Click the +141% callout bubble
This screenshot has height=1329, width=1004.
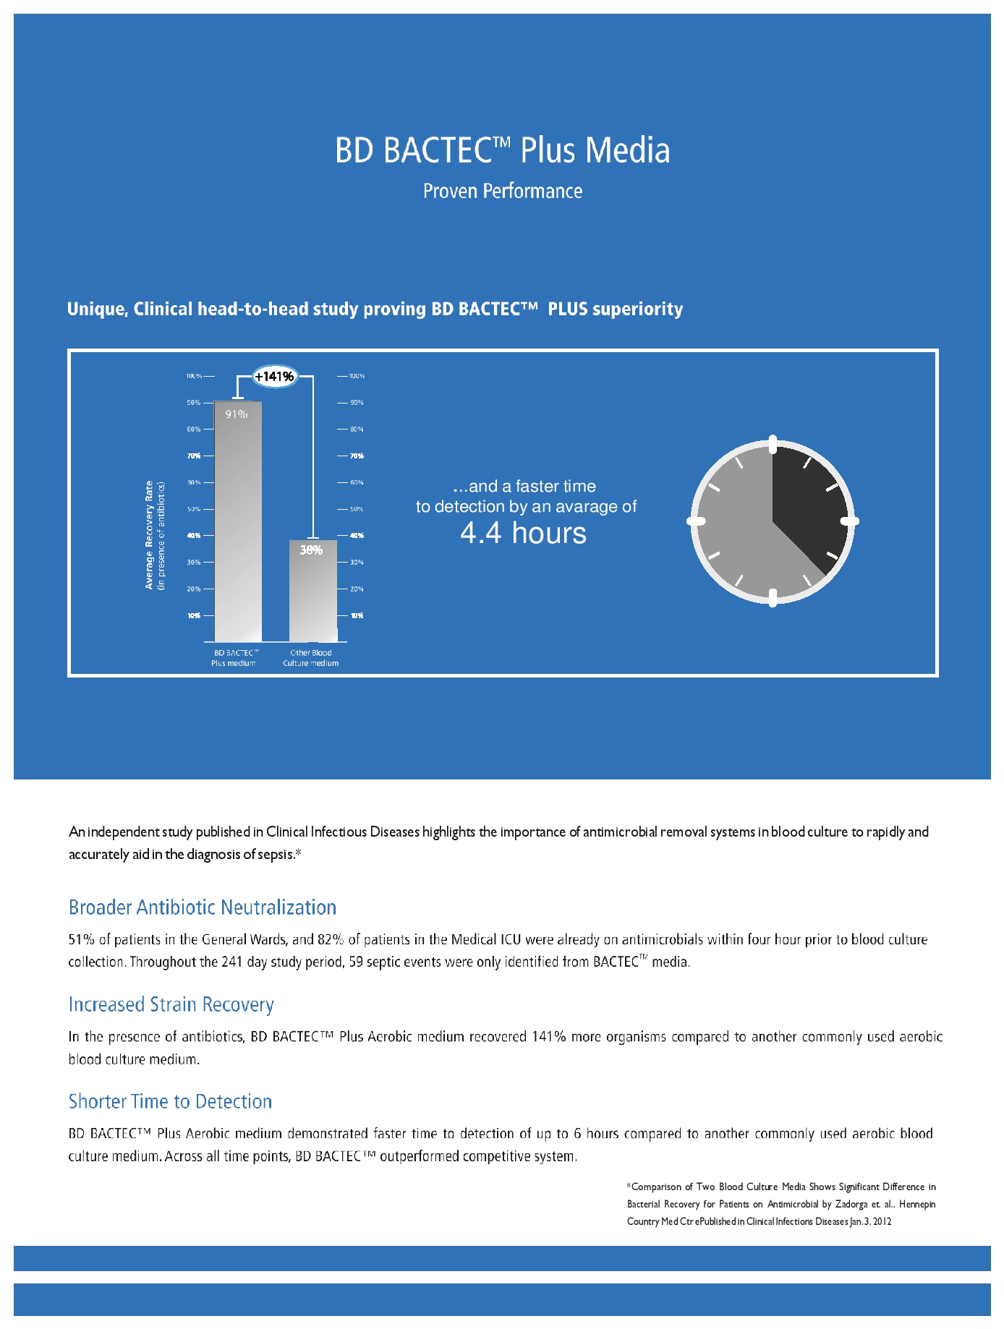coord(274,376)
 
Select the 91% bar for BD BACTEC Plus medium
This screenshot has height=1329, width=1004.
coord(238,521)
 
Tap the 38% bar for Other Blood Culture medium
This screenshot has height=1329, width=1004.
coord(312,590)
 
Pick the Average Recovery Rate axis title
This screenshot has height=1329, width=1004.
coord(150,535)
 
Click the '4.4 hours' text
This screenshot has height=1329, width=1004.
coord(523,534)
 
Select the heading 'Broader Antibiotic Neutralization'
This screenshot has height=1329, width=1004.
coord(203,907)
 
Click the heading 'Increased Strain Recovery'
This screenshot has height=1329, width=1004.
coord(171,1004)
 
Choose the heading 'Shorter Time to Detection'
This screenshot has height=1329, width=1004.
coord(170,1101)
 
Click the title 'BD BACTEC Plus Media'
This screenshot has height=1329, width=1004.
coord(502,150)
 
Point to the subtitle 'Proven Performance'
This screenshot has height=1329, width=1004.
coord(502,192)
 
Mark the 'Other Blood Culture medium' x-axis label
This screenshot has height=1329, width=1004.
coord(310,658)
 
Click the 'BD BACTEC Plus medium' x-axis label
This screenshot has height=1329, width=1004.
coord(234,658)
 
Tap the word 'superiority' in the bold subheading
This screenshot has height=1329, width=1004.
coord(637,309)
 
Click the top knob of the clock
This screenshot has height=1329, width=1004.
coord(773,443)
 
